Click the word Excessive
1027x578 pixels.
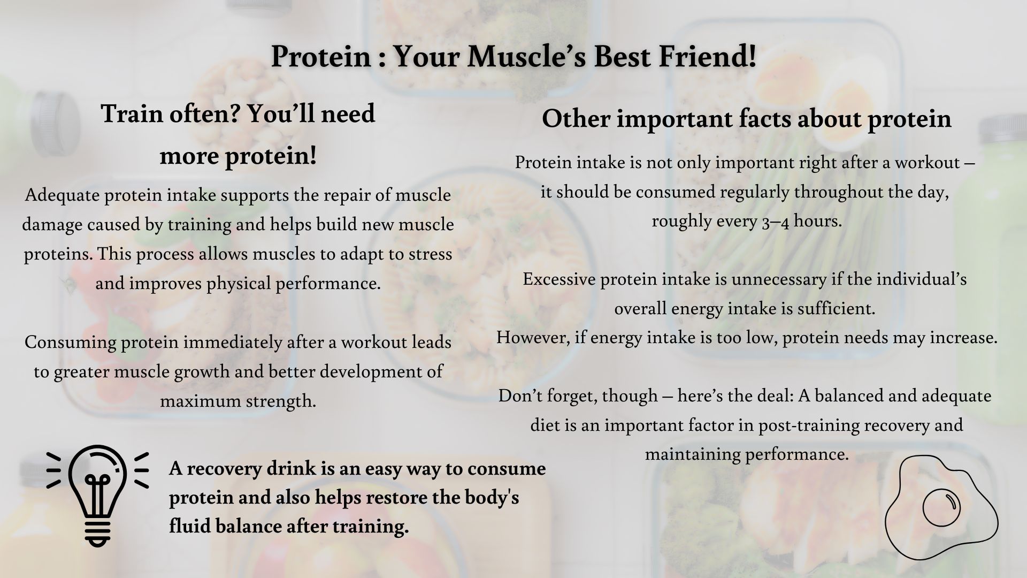tap(559, 279)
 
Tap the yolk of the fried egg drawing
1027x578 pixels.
tap(941, 506)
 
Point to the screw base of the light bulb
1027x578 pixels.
tap(98, 530)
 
